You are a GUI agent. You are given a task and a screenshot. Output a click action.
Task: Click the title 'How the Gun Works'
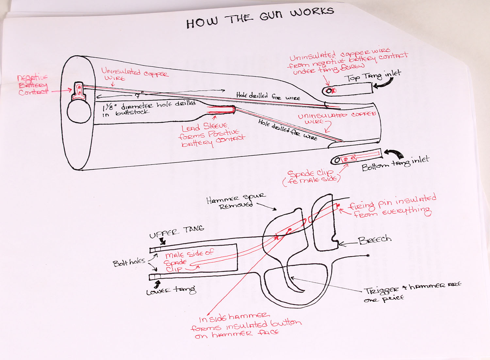pos(260,18)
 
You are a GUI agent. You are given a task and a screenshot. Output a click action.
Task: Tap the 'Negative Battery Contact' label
pos(33,85)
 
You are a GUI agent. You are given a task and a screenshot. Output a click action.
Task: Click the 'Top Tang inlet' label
pos(372,77)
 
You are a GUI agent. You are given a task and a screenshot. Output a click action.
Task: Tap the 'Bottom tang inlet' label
pos(395,163)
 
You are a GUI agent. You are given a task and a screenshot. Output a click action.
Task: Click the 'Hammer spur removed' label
pos(236,201)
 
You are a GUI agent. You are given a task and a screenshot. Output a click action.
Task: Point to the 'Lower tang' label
pos(171,290)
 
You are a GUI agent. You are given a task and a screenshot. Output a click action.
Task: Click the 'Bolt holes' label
pos(129,262)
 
